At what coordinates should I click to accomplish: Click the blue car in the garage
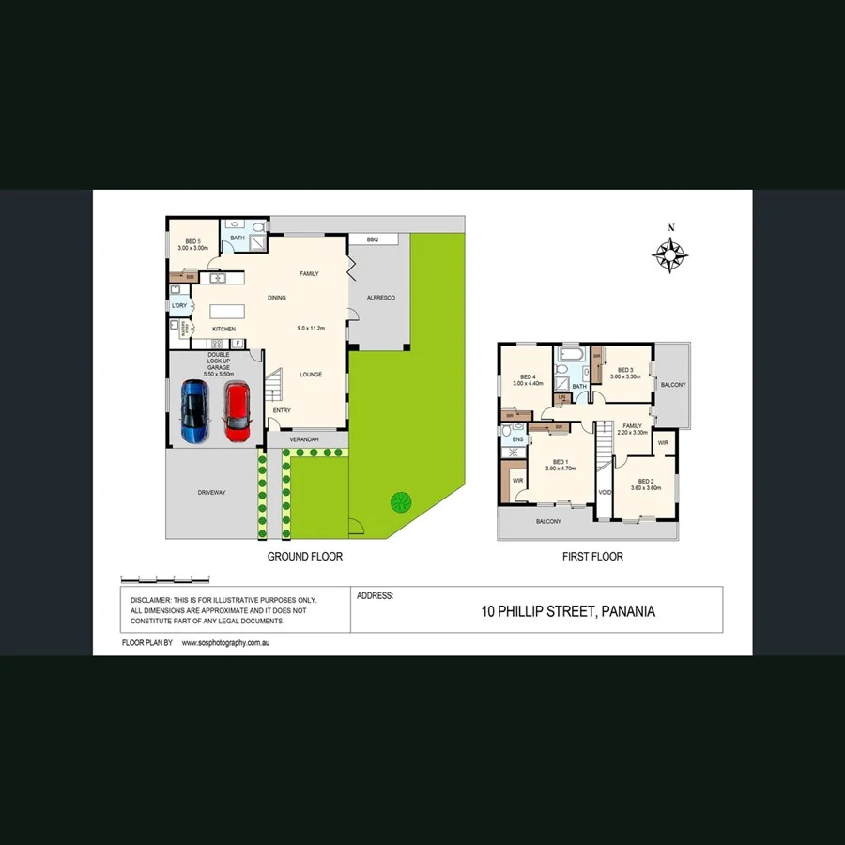[x=194, y=409]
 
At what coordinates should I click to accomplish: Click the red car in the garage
[x=237, y=409]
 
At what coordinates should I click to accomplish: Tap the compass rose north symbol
[x=670, y=252]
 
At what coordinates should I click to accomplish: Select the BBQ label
[x=372, y=240]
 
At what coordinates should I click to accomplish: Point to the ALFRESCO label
[x=381, y=298]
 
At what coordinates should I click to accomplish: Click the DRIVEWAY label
[x=211, y=493]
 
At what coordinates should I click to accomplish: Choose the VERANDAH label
[x=305, y=439]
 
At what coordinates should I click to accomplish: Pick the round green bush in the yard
[x=402, y=501]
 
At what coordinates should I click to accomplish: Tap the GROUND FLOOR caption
[x=305, y=557]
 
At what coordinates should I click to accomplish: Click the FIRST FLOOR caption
[x=592, y=557]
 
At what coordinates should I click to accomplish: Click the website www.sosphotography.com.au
[x=226, y=643]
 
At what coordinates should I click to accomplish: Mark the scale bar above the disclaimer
[x=165, y=578]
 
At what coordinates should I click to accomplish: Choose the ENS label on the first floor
[x=517, y=438]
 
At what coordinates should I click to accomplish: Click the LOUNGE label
[x=311, y=375]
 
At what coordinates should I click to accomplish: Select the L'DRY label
[x=178, y=306]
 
